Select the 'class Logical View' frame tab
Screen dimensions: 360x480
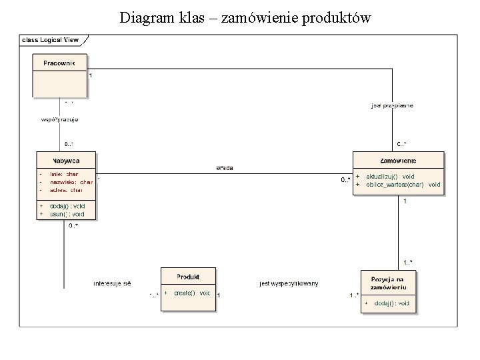pyautogui.click(x=51, y=40)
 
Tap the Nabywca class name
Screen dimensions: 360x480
pyautogui.click(x=66, y=161)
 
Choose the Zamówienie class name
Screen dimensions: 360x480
pyautogui.click(x=398, y=161)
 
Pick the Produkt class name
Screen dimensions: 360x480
pyautogui.click(x=187, y=276)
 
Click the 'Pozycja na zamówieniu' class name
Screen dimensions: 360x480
pyautogui.click(x=389, y=283)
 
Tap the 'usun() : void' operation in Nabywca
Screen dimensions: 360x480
pyautogui.click(x=67, y=214)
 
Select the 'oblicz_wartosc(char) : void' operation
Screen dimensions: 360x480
pyautogui.click(x=403, y=184)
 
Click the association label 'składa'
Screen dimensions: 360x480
pyautogui.click(x=224, y=168)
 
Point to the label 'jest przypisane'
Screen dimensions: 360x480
pyautogui.click(x=392, y=105)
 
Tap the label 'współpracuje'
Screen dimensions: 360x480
pyautogui.click(x=59, y=119)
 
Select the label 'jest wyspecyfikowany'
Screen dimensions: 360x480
pyautogui.click(x=289, y=283)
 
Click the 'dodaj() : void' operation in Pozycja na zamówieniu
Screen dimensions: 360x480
pyautogui.click(x=392, y=303)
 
